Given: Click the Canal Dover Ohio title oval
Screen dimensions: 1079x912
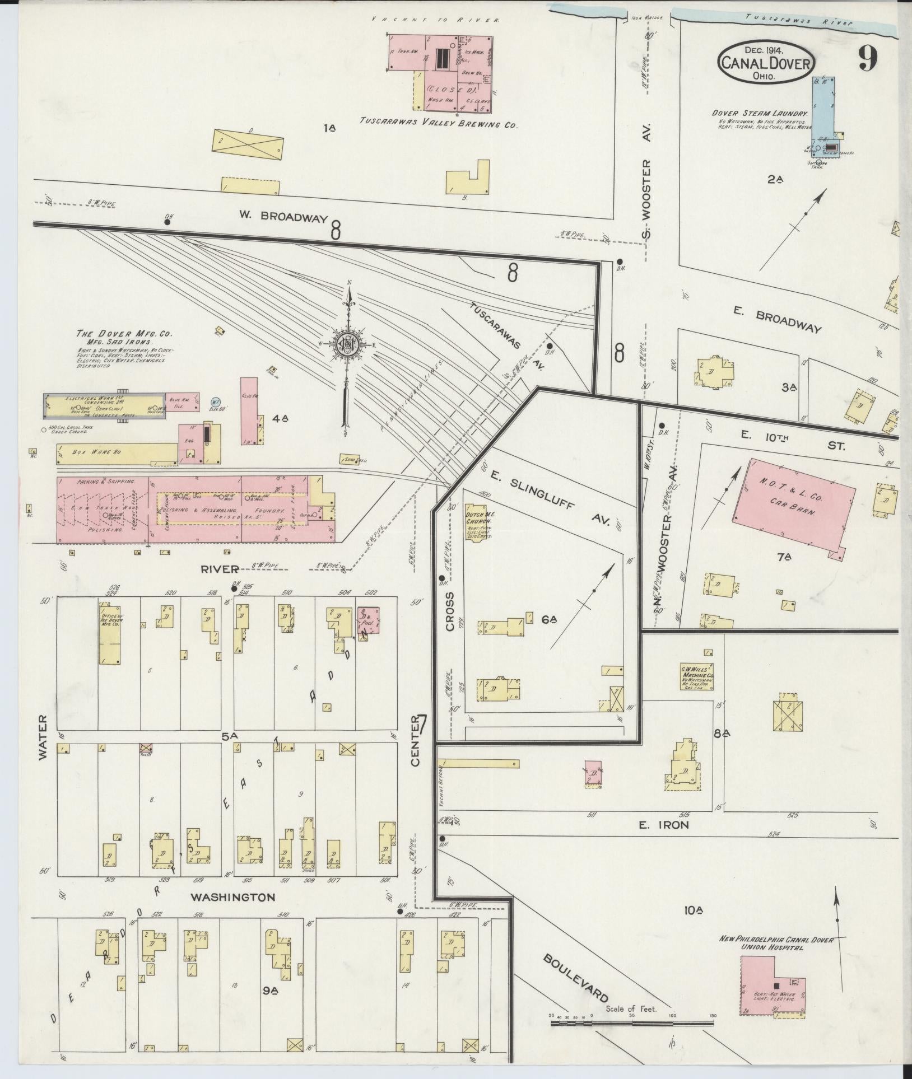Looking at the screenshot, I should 765,63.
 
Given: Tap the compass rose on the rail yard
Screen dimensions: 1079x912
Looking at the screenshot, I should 347,345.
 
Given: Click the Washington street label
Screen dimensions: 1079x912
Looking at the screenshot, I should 232,897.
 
